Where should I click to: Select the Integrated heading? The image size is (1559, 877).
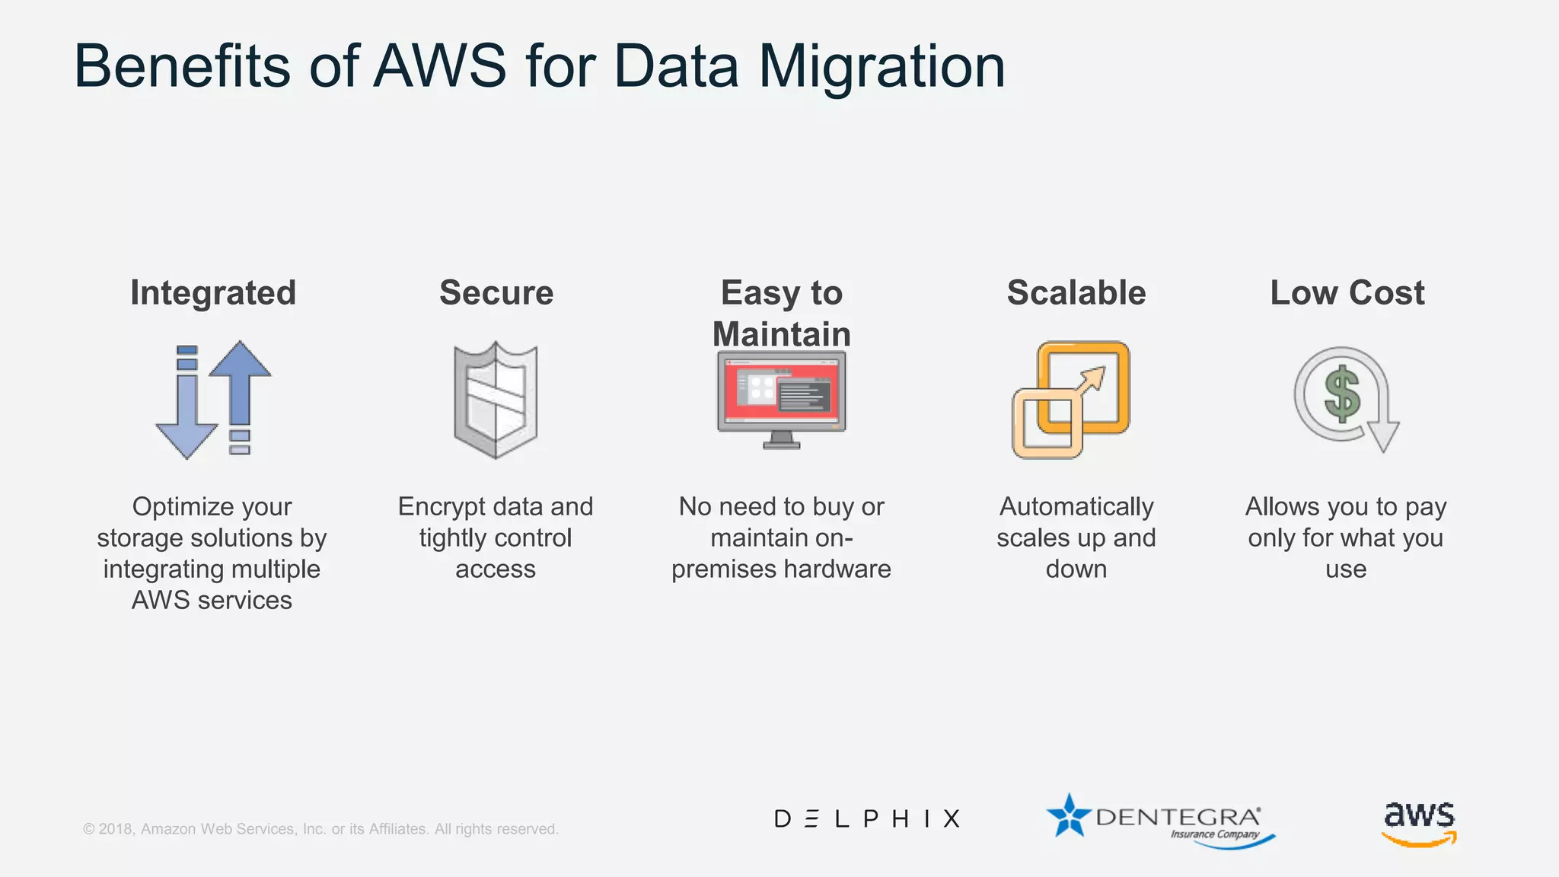pyautogui.click(x=213, y=293)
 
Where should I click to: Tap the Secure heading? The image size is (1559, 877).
pyautogui.click(x=496, y=293)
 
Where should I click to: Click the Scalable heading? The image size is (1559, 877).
pyautogui.click(x=1076, y=293)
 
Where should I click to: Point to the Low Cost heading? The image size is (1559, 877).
pyautogui.click(x=1347, y=293)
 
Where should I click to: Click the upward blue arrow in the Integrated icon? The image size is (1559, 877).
pyautogui.click(x=240, y=381)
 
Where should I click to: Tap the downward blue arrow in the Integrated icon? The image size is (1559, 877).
pyautogui.click(x=187, y=419)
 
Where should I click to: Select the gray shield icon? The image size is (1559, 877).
pyautogui.click(x=496, y=400)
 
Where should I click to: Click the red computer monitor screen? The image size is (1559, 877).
pyautogui.click(x=782, y=393)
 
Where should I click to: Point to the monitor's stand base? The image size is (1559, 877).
pyautogui.click(x=782, y=444)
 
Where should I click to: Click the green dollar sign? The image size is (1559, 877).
pyautogui.click(x=1342, y=394)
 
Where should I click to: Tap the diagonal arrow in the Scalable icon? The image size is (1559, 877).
pyautogui.click(x=1090, y=382)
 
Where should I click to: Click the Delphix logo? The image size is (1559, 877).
pyautogui.click(x=867, y=819)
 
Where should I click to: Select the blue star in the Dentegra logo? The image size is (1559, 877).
pyautogui.click(x=1069, y=816)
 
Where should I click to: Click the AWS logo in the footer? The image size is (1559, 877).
pyautogui.click(x=1419, y=822)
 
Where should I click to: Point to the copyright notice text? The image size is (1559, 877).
pyautogui.click(x=320, y=829)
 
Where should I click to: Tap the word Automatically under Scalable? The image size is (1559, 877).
pyautogui.click(x=1076, y=507)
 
